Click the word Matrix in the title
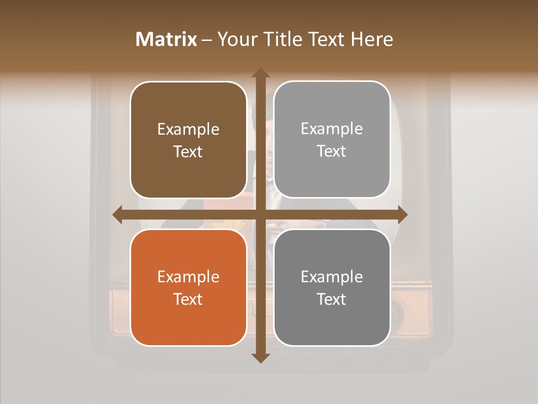pos(166,39)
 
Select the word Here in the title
pos(372,39)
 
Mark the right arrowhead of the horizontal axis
pos(402,214)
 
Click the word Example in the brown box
pos(188,130)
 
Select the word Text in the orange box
pos(188,300)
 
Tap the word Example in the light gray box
pos(332,129)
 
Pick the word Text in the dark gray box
pos(332,300)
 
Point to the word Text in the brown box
pos(188,152)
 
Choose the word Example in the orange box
pos(188,277)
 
